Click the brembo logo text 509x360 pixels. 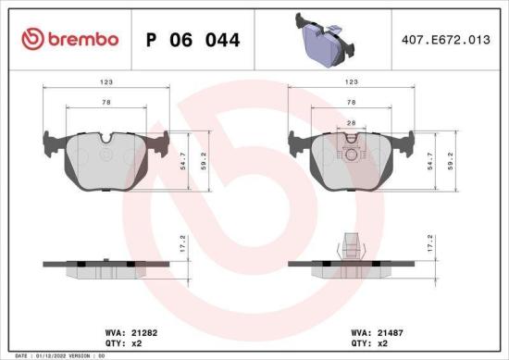81,40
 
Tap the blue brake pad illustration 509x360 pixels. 325,38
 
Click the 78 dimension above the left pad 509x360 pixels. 108,104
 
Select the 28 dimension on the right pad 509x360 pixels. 350,122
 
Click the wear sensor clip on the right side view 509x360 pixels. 350,245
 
